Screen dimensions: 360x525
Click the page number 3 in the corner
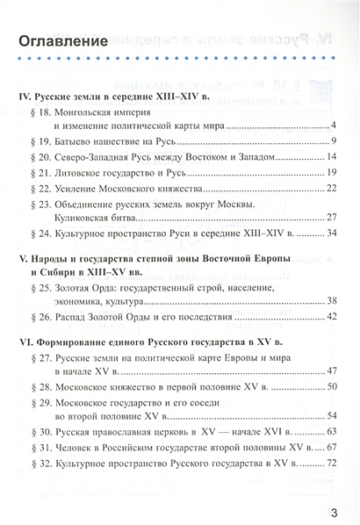335,504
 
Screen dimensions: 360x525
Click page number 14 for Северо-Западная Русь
332,157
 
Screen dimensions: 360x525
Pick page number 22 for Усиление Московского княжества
332,188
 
